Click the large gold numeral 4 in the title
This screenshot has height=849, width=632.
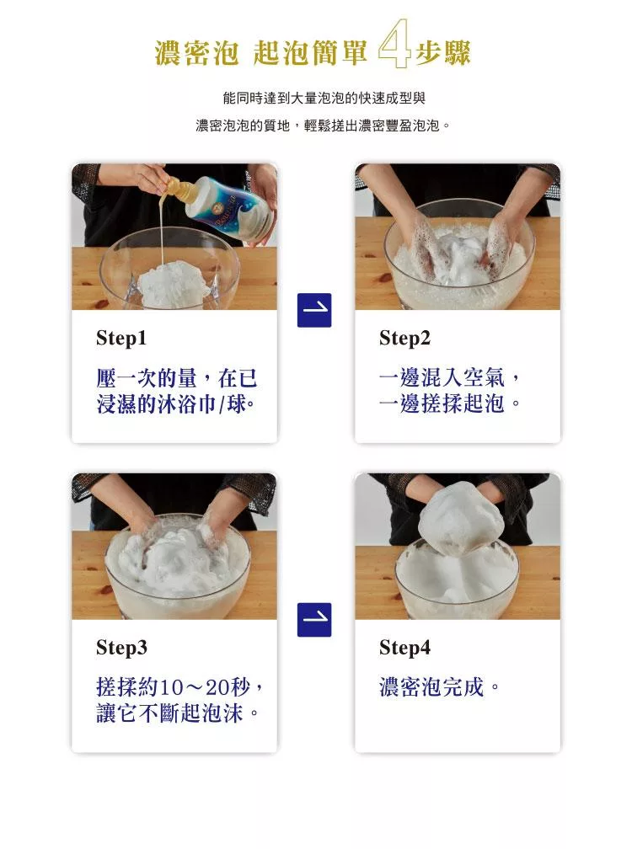394,45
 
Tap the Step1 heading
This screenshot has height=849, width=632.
121,339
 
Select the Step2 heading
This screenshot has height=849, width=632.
404,339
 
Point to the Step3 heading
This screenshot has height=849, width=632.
121,648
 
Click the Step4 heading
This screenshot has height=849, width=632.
404,648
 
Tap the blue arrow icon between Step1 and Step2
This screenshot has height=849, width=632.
314,310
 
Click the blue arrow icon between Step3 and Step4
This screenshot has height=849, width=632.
314,619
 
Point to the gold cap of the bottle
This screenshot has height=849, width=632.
178,190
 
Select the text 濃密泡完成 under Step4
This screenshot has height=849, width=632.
431,687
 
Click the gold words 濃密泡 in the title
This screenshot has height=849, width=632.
196,53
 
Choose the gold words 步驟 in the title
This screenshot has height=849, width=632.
443,53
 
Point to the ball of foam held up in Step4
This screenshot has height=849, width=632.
462,519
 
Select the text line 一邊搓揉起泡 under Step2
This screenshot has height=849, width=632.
442,403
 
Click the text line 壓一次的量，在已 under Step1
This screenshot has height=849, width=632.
177,378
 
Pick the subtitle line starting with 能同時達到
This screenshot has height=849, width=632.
324,98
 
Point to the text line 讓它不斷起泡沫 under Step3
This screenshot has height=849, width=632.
170,713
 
